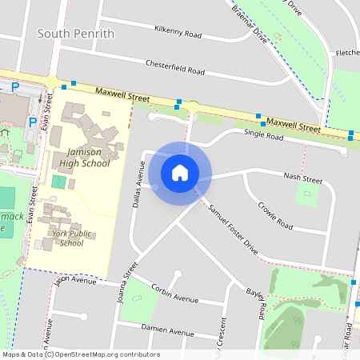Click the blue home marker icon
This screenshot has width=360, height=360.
tap(180, 172)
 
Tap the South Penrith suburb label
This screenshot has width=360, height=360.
tap(76, 34)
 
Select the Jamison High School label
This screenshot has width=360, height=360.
tap(83, 157)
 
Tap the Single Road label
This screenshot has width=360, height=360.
tap(264, 135)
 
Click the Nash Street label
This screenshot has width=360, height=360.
tap(303, 179)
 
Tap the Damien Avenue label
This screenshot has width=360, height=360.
tap(167, 330)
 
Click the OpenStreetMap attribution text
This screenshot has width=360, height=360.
tap(81, 354)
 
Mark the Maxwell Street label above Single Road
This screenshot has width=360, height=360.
tap(294, 124)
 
